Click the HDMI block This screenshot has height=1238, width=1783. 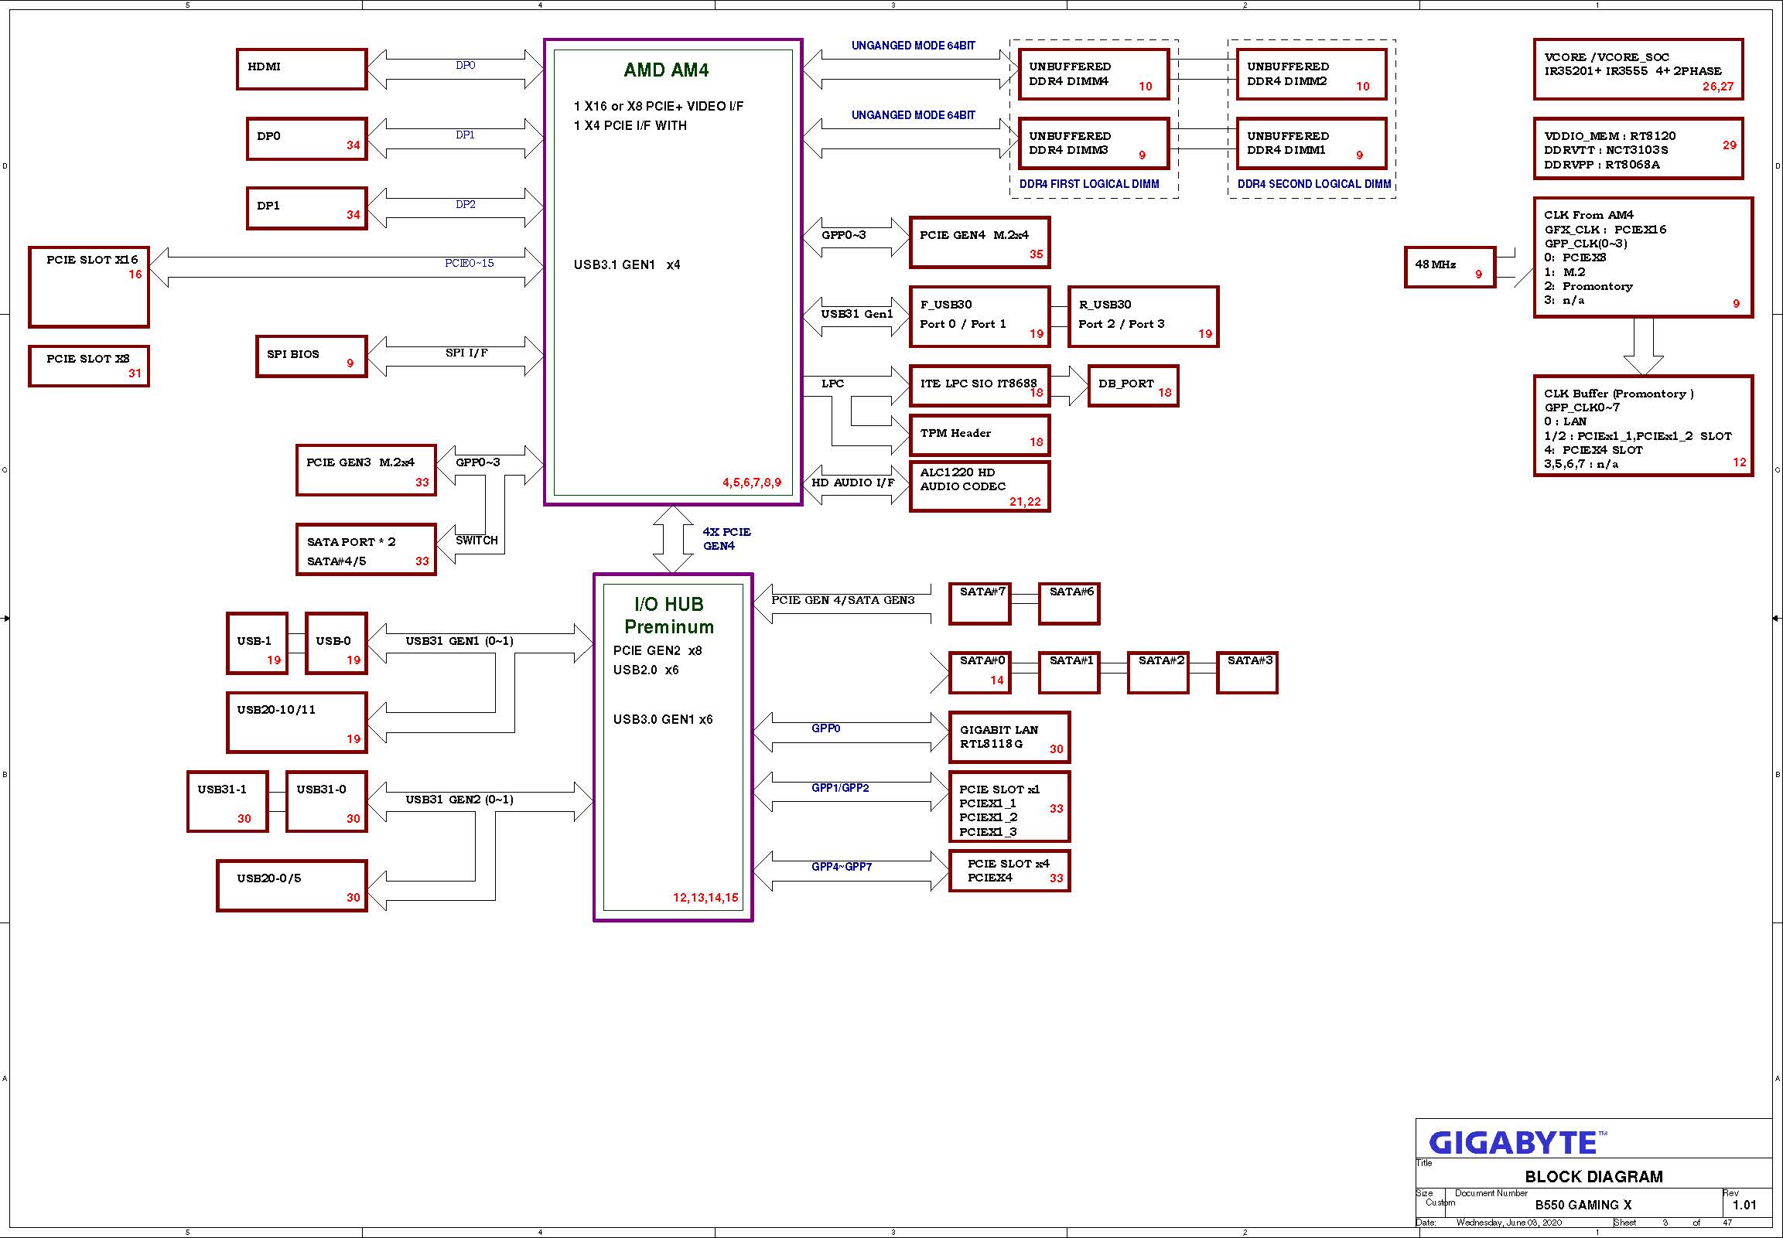click(x=302, y=69)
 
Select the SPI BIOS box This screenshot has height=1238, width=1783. click(x=311, y=356)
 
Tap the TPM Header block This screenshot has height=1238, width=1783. click(x=980, y=435)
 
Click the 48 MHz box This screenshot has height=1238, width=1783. click(x=1450, y=268)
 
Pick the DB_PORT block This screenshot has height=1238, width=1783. click(x=1133, y=386)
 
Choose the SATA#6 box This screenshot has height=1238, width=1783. click(x=1069, y=603)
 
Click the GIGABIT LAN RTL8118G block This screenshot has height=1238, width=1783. click(x=1009, y=737)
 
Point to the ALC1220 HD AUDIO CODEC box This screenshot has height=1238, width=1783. click(x=980, y=486)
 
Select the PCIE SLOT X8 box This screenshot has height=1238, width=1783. click(x=89, y=366)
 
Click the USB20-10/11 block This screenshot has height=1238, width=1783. click(x=297, y=723)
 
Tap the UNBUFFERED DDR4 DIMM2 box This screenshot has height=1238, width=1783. click(x=1311, y=74)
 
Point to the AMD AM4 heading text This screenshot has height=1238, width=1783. click(x=667, y=70)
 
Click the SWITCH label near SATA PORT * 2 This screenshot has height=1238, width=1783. click(x=476, y=541)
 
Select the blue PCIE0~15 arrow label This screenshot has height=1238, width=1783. click(x=470, y=263)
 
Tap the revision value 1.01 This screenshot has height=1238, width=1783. click(x=1744, y=1206)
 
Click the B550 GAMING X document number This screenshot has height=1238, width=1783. click(x=1583, y=1206)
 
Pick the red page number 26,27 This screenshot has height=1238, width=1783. click(x=1718, y=87)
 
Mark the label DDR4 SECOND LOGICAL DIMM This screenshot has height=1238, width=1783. click(x=1314, y=185)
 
